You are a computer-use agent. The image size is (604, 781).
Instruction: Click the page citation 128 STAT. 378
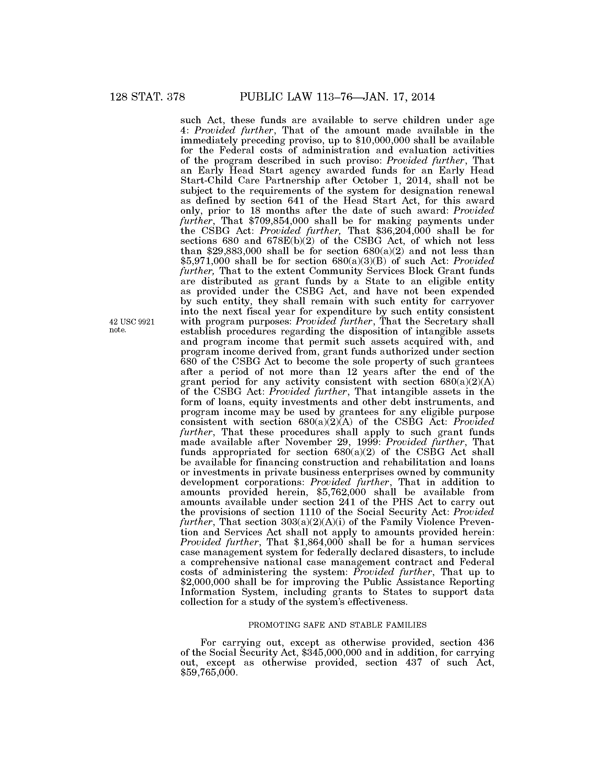click(x=147, y=97)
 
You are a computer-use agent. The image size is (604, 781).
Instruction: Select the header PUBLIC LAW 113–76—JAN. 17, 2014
click(x=338, y=97)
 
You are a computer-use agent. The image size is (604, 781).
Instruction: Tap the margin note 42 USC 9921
click(x=132, y=322)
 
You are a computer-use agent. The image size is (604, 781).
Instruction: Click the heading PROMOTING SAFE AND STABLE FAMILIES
click(x=338, y=625)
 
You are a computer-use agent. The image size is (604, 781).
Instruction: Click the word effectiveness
click(x=380, y=602)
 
